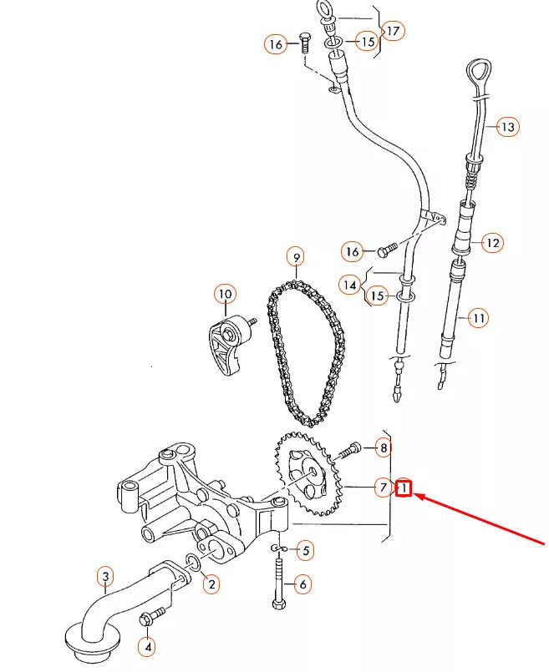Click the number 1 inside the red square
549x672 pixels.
point(404,488)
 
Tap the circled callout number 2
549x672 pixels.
point(211,584)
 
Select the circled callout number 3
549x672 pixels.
point(105,575)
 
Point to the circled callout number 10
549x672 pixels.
point(224,295)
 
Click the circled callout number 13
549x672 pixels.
point(507,127)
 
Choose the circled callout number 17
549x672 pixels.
point(393,31)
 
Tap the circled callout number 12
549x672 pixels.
point(492,243)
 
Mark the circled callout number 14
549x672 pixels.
point(350,285)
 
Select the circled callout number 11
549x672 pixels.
point(478,317)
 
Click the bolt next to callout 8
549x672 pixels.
point(348,451)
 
